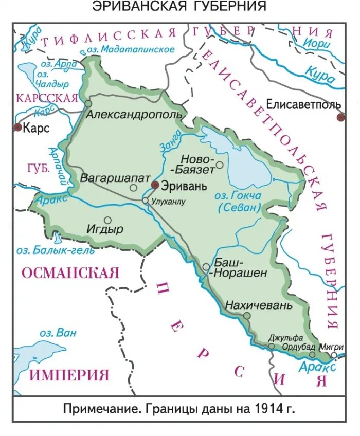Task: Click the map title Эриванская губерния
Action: click(x=179, y=7)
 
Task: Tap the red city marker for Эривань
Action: click(x=154, y=185)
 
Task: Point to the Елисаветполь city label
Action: click(x=303, y=104)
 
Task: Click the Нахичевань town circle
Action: click(x=247, y=316)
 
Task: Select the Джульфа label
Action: click(x=283, y=338)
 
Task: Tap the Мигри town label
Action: click(x=330, y=347)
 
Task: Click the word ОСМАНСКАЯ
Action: click(x=70, y=272)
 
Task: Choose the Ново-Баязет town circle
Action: click(x=220, y=165)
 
